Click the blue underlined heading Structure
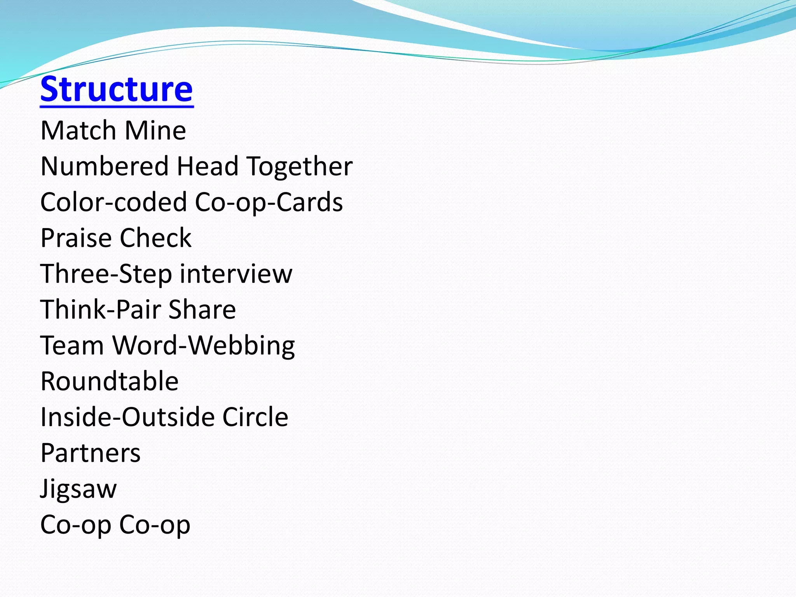[x=116, y=89]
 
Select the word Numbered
[x=105, y=166]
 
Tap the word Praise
[x=76, y=238]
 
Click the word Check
[x=155, y=238]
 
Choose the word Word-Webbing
[x=204, y=346]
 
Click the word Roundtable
[x=110, y=381]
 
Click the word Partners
[x=91, y=453]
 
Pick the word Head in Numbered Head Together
[x=207, y=166]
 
